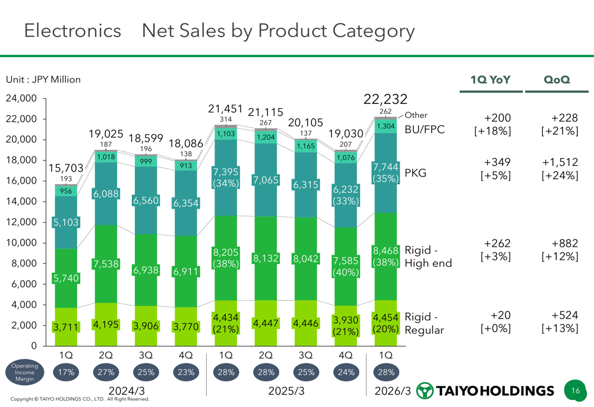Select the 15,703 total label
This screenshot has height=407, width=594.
(x=65, y=169)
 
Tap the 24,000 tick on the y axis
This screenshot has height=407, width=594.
(x=21, y=99)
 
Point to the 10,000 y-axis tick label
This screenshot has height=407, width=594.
(x=21, y=243)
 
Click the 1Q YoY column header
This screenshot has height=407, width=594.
(x=491, y=80)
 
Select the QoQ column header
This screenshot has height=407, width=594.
(x=557, y=80)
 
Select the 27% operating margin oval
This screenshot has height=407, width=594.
(x=106, y=373)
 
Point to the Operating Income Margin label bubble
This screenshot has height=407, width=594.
(x=24, y=373)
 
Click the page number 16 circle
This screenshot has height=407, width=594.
(x=575, y=390)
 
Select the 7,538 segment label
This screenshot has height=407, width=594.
(x=105, y=263)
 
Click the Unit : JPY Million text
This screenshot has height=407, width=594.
(x=43, y=80)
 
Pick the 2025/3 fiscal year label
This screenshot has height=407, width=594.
(x=285, y=391)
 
